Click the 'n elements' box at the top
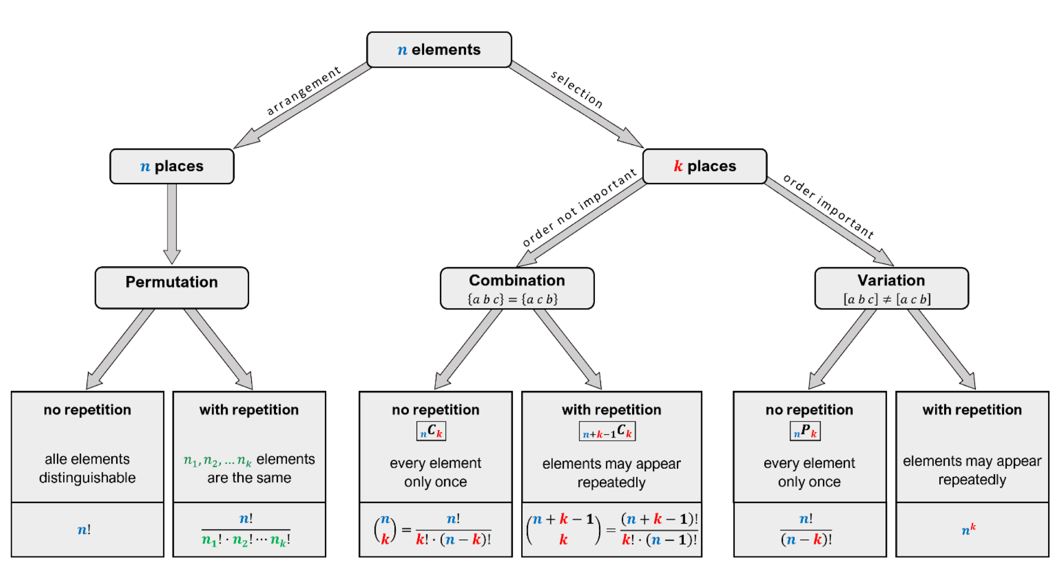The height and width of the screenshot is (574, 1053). [x=439, y=50]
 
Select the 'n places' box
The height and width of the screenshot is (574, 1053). [x=172, y=166]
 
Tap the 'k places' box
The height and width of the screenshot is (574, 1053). [x=705, y=166]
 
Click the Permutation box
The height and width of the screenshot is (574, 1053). [x=172, y=287]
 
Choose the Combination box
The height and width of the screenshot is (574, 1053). [x=517, y=288]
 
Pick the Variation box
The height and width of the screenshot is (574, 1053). [x=891, y=288]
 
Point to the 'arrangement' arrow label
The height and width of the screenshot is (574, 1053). [x=303, y=91]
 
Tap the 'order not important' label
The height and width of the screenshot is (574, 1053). [x=579, y=207]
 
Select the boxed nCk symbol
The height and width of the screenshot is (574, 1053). [x=431, y=431]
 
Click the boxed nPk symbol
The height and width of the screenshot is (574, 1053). [x=805, y=431]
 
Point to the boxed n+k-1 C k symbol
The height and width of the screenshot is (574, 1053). [x=607, y=431]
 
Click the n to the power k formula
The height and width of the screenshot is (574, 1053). [x=968, y=530]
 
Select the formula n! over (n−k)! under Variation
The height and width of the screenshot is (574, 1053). [x=806, y=529]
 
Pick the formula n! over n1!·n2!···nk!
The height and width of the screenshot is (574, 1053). [x=246, y=530]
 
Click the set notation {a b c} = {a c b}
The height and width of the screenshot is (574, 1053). [x=512, y=299]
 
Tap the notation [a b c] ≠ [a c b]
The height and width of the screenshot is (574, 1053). [x=887, y=299]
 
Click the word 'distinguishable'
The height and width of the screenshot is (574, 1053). [x=87, y=478]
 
